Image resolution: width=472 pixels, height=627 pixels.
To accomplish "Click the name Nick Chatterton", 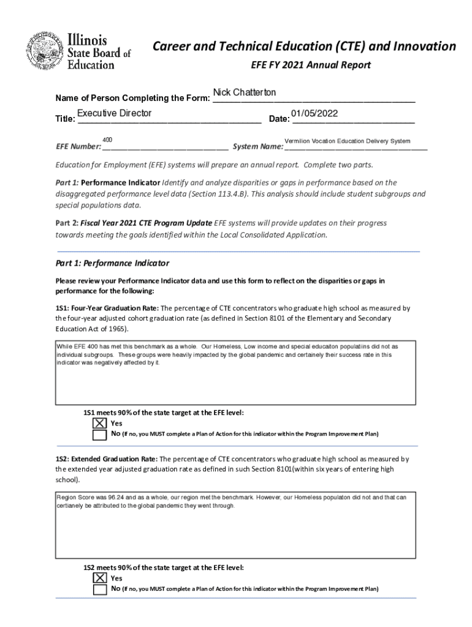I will (245, 92).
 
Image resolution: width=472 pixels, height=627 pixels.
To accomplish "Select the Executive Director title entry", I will (114, 113).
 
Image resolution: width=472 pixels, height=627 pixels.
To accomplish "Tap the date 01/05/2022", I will (314, 113).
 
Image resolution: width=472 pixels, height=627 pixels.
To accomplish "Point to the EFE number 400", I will (107, 140).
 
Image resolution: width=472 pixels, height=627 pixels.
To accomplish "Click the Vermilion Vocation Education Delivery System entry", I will (348, 141).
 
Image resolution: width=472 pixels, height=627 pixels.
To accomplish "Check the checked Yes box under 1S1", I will (99, 423).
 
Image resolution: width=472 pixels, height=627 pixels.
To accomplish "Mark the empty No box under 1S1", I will (99, 435).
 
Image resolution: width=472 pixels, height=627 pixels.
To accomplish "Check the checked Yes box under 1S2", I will (99, 578).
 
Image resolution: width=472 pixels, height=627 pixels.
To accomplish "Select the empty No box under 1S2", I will (99, 590).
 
